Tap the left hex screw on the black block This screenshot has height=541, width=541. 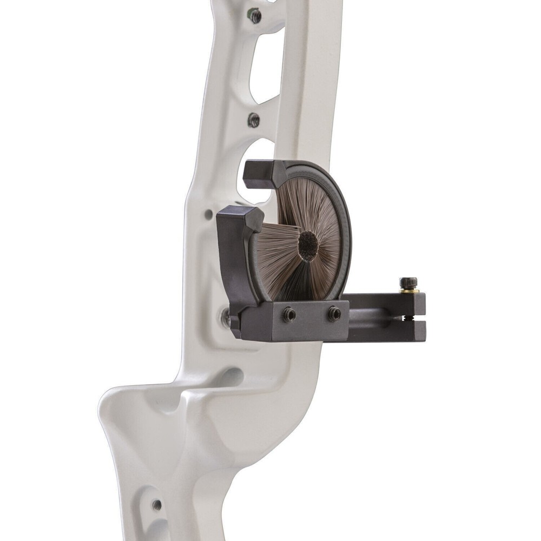click(x=289, y=313)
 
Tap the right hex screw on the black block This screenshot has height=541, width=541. click(x=334, y=312)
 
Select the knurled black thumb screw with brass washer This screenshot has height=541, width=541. click(x=408, y=283)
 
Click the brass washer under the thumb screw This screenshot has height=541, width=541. click(x=410, y=291)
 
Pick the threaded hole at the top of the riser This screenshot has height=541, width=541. click(x=255, y=15)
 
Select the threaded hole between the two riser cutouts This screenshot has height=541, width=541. click(x=254, y=120)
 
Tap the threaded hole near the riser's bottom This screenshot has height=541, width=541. click(x=157, y=505)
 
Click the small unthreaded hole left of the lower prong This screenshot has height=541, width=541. click(x=209, y=215)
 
